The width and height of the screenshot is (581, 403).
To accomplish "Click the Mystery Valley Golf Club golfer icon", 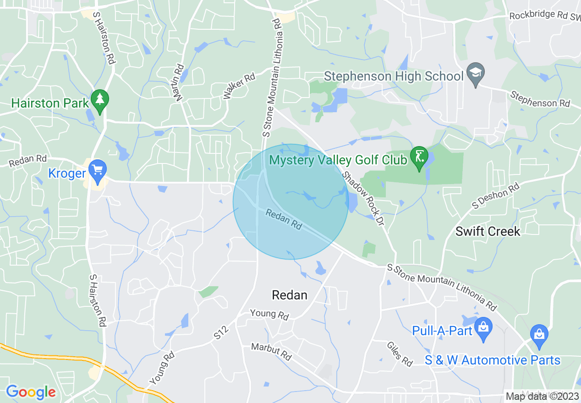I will (418, 158).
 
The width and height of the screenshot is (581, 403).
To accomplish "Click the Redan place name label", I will (289, 295).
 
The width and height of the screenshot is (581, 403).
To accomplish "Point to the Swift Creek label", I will (488, 231).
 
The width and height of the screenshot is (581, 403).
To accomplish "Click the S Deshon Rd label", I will (496, 196).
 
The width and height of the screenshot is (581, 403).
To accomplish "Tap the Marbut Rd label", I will (271, 351).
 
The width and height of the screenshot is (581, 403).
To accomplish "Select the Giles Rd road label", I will (400, 354).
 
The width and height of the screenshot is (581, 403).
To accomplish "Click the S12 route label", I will (221, 332).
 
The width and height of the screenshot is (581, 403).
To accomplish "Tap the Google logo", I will (31, 392).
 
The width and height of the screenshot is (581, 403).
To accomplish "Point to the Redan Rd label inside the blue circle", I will (284, 219).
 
